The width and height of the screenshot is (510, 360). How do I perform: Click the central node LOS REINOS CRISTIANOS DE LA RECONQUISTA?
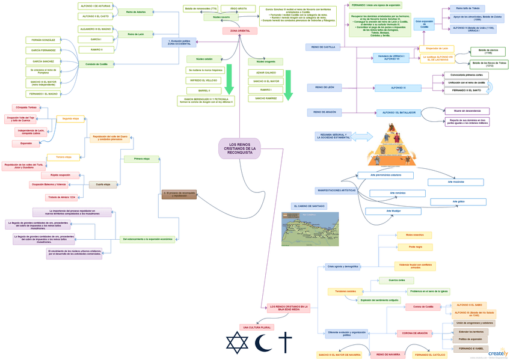click(240, 148)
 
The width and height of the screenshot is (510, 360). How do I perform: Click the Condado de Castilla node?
click(97, 64)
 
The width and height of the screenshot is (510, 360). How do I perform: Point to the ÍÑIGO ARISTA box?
click(234, 8)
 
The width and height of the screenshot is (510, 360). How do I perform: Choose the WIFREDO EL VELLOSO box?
click(203, 80)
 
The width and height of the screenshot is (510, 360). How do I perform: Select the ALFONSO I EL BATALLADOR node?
click(397, 112)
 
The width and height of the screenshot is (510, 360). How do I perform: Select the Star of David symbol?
click(236, 344)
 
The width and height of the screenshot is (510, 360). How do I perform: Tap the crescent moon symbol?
click(262, 344)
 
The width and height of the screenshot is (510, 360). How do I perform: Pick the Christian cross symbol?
click(284, 344)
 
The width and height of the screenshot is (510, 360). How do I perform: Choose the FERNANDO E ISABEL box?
click(470, 348)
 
